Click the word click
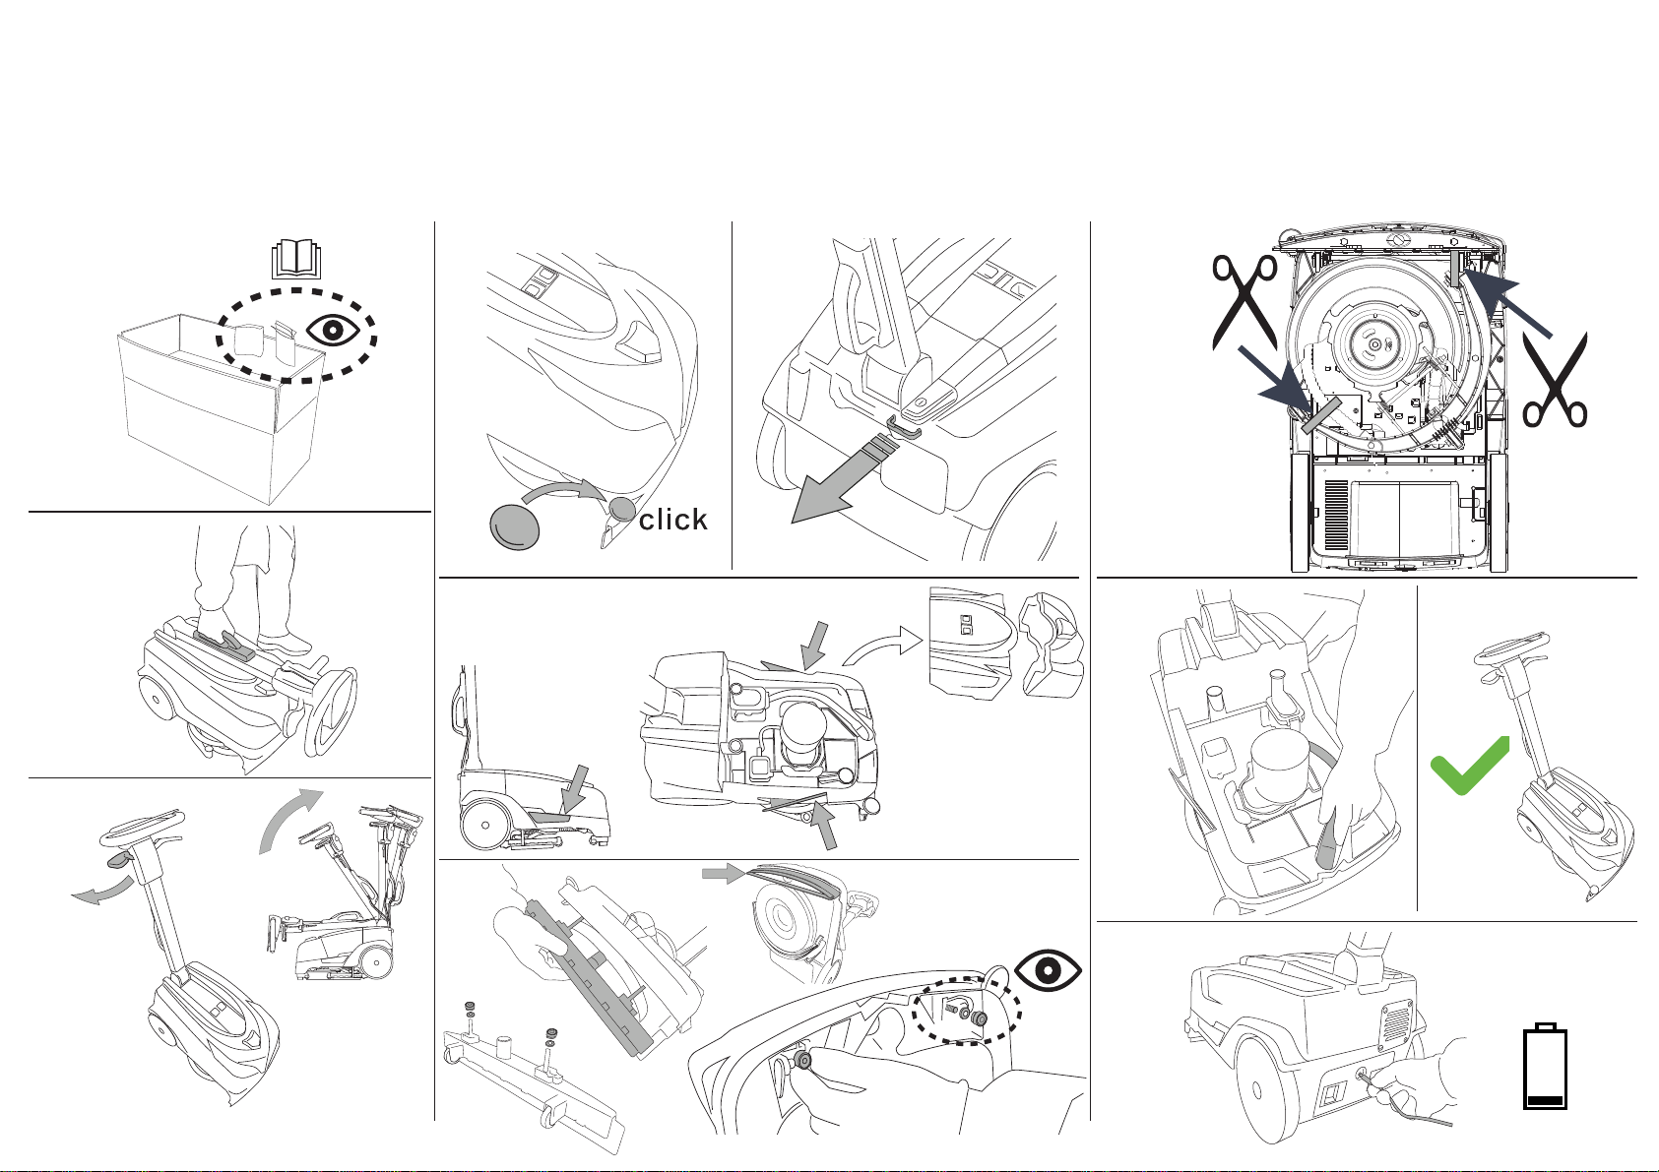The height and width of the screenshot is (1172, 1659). (673, 520)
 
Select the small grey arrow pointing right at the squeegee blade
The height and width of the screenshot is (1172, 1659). (719, 872)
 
